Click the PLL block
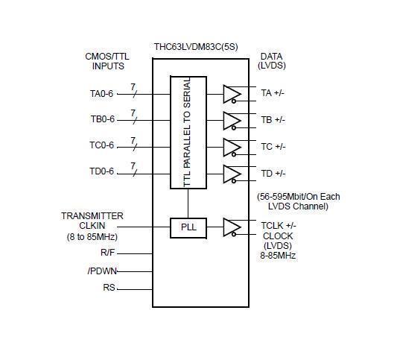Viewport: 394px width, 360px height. pos(188,228)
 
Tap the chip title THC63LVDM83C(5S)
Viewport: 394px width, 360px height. pos(196,47)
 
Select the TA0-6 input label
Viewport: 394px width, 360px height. pos(101,94)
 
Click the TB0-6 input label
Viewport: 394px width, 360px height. pos(102,119)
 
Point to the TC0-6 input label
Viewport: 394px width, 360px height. pos(101,145)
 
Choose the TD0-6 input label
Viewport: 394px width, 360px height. pos(101,171)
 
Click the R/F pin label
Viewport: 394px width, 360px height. pos(107,253)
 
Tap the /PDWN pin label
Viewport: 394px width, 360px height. pos(102,271)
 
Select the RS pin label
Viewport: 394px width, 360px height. pos(109,288)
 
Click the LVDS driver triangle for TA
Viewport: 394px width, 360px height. pos(232,94)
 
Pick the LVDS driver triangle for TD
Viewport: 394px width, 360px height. pos(232,174)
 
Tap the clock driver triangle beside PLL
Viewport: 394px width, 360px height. pos(232,227)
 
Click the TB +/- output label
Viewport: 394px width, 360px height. pos(273,120)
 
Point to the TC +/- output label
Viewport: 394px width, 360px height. pos(273,147)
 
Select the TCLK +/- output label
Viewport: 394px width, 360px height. pos(279,226)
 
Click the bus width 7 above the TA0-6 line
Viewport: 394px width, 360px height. pos(133,87)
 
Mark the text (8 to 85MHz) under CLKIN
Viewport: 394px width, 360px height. pos(92,237)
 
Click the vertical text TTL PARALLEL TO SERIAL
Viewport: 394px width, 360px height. pos(187,132)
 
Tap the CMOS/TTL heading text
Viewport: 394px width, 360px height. pos(107,57)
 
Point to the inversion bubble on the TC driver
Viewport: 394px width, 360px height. pos(234,154)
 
